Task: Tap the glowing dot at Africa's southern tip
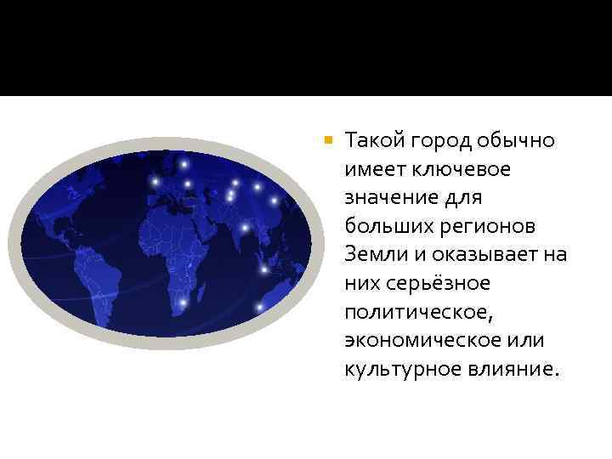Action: pos(182,302)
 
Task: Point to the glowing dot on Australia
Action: pos(259,307)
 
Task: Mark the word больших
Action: pos(380,227)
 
